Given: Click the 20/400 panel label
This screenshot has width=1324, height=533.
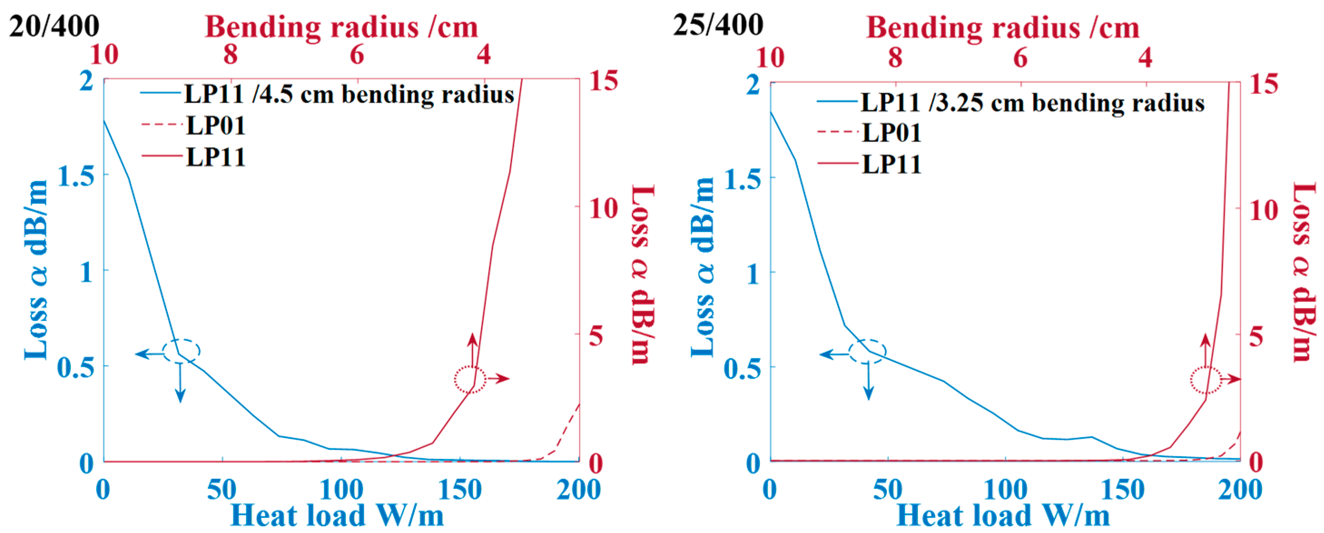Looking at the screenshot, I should click(x=54, y=26).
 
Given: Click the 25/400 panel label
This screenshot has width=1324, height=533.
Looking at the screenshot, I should click(x=718, y=25).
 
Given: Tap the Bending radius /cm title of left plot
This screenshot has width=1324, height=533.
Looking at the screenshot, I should click(x=341, y=27).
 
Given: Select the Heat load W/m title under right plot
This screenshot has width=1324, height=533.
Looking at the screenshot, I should click(x=1003, y=515).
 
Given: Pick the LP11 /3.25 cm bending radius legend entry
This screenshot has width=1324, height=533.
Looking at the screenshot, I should click(x=1032, y=102).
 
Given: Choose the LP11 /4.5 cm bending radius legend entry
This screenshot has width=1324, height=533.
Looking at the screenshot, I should click(x=349, y=94).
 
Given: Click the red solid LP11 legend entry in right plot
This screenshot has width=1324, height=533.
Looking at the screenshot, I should click(x=891, y=164).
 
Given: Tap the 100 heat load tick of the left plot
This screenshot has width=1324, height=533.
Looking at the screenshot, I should click(x=341, y=489).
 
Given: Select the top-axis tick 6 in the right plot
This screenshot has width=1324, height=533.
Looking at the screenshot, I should click(x=1020, y=58).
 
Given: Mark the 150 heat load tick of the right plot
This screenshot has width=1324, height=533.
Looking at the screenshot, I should click(x=1122, y=489).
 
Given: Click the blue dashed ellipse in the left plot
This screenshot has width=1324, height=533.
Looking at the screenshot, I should click(x=181, y=351).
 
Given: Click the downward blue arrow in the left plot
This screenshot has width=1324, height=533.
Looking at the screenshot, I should click(x=180, y=383).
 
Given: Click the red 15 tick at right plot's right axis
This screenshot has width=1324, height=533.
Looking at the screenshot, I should click(x=1264, y=83).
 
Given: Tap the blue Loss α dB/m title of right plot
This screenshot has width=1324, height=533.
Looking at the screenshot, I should click(x=702, y=267).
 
